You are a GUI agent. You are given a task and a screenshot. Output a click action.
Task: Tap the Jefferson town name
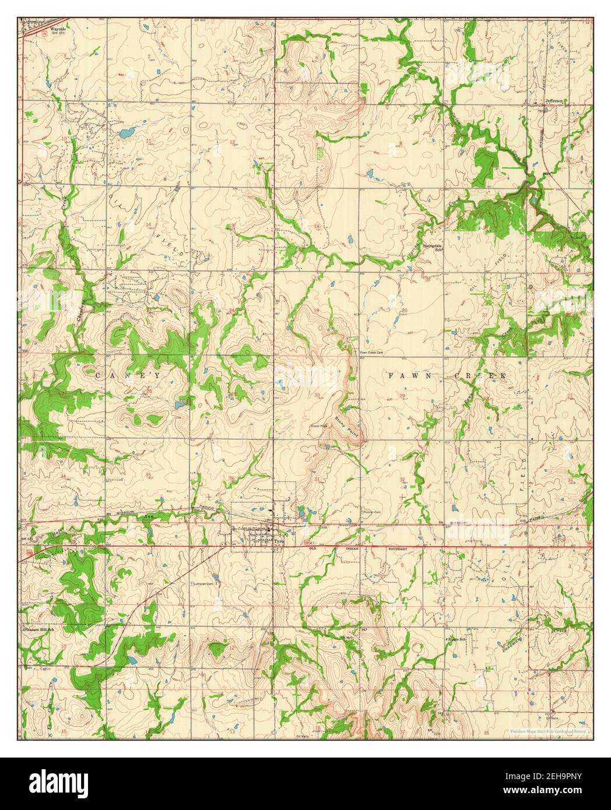click(x=553, y=100)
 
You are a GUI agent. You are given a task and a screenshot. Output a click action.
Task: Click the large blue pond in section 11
click(x=125, y=133)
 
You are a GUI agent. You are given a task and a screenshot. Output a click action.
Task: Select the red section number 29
click(x=403, y=396)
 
